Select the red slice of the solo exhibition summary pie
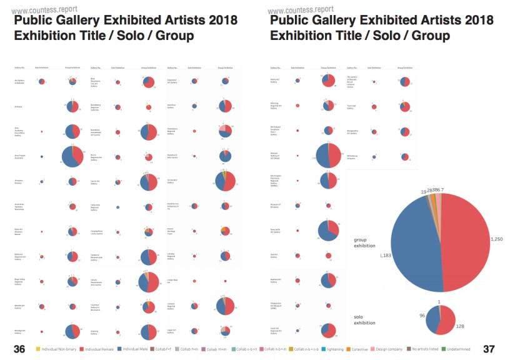click(448, 321)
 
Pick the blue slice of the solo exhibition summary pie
click(432, 317)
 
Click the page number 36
click(19, 349)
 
